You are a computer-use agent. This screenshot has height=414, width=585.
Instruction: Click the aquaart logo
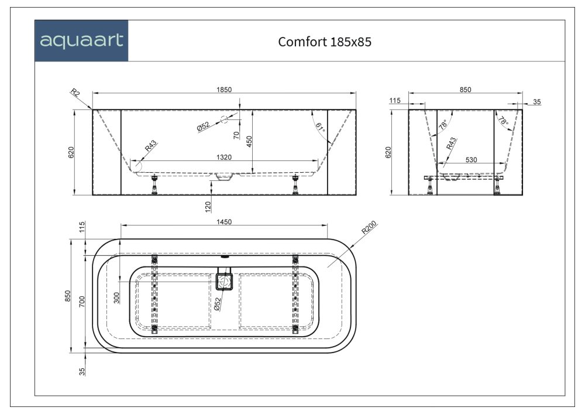click(x=81, y=41)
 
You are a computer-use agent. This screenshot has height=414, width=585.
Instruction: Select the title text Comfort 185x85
click(x=325, y=42)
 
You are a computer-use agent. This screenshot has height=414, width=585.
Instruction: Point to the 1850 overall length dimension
click(x=225, y=90)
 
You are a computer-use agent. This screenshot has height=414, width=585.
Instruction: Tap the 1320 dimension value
click(x=224, y=156)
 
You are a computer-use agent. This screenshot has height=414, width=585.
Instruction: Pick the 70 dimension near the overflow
click(x=236, y=135)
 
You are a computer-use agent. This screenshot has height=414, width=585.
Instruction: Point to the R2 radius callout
click(x=75, y=93)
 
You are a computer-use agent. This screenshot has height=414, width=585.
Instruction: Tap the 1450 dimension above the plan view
click(x=225, y=221)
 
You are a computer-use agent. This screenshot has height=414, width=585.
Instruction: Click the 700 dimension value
click(x=82, y=301)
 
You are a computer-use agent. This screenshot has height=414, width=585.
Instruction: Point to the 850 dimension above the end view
click(x=465, y=90)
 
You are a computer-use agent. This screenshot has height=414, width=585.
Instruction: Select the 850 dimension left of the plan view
click(x=68, y=296)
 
